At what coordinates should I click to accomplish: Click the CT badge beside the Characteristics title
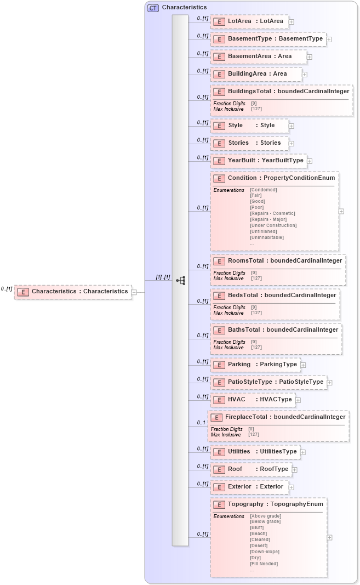(x=153, y=8)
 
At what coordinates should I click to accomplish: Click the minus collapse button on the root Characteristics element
(x=134, y=292)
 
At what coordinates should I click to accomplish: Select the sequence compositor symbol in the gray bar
(x=180, y=280)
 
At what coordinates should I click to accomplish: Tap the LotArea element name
(x=239, y=21)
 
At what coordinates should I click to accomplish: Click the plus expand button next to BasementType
(x=329, y=39)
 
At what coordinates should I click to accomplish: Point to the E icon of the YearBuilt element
(x=219, y=161)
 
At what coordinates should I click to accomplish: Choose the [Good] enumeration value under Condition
(x=258, y=202)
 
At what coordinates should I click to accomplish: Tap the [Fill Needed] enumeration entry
(x=264, y=564)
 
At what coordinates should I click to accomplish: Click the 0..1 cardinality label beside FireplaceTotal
(x=201, y=423)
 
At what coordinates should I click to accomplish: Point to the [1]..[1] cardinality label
(x=163, y=277)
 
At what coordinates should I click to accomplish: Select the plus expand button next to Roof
(x=294, y=470)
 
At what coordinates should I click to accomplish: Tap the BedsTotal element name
(x=243, y=296)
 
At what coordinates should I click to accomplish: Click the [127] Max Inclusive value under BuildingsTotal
(x=256, y=109)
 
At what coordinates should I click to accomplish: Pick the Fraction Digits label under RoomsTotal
(x=229, y=272)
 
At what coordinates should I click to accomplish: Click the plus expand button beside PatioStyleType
(x=329, y=382)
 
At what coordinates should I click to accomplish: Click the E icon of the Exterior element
(x=219, y=487)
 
